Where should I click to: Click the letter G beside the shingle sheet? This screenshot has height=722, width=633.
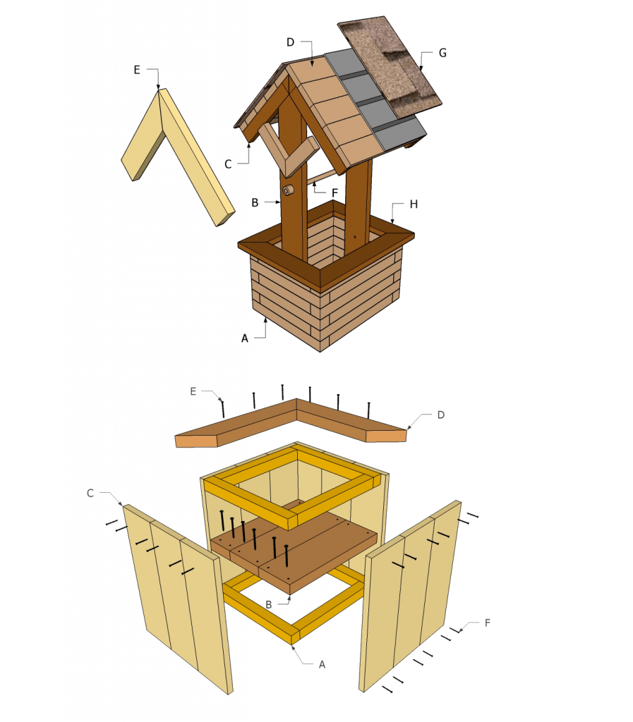pyautogui.click(x=442, y=53)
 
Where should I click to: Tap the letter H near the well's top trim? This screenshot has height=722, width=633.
pyautogui.click(x=414, y=204)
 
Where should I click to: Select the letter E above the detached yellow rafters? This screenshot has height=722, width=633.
pyautogui.click(x=137, y=70)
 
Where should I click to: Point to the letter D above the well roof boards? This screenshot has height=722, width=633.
pyautogui.click(x=290, y=42)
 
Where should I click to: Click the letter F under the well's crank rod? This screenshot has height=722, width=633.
pyautogui.click(x=335, y=193)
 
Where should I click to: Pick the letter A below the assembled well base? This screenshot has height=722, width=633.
pyautogui.click(x=245, y=338)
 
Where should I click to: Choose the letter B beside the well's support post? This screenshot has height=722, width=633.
pyautogui.click(x=255, y=202)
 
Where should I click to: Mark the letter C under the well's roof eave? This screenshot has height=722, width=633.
pyautogui.click(x=228, y=164)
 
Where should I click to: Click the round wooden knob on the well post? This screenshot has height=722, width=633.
pyautogui.click(x=288, y=190)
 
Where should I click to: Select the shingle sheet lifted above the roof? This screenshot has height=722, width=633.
pyautogui.click(x=390, y=67)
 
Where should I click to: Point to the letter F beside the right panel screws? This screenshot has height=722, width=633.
pyautogui.click(x=488, y=623)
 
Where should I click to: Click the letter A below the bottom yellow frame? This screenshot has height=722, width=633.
pyautogui.click(x=322, y=664)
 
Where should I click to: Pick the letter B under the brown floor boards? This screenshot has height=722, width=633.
pyautogui.click(x=269, y=604)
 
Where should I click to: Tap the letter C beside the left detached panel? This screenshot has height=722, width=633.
pyautogui.click(x=90, y=493)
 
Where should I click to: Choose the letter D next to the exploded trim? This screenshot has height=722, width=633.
pyautogui.click(x=441, y=415)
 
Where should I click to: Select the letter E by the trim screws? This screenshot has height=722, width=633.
pyautogui.click(x=193, y=391)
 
